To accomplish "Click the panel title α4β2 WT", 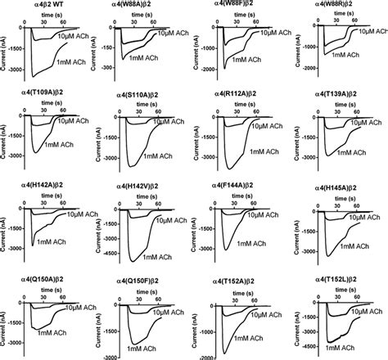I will [39, 7].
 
